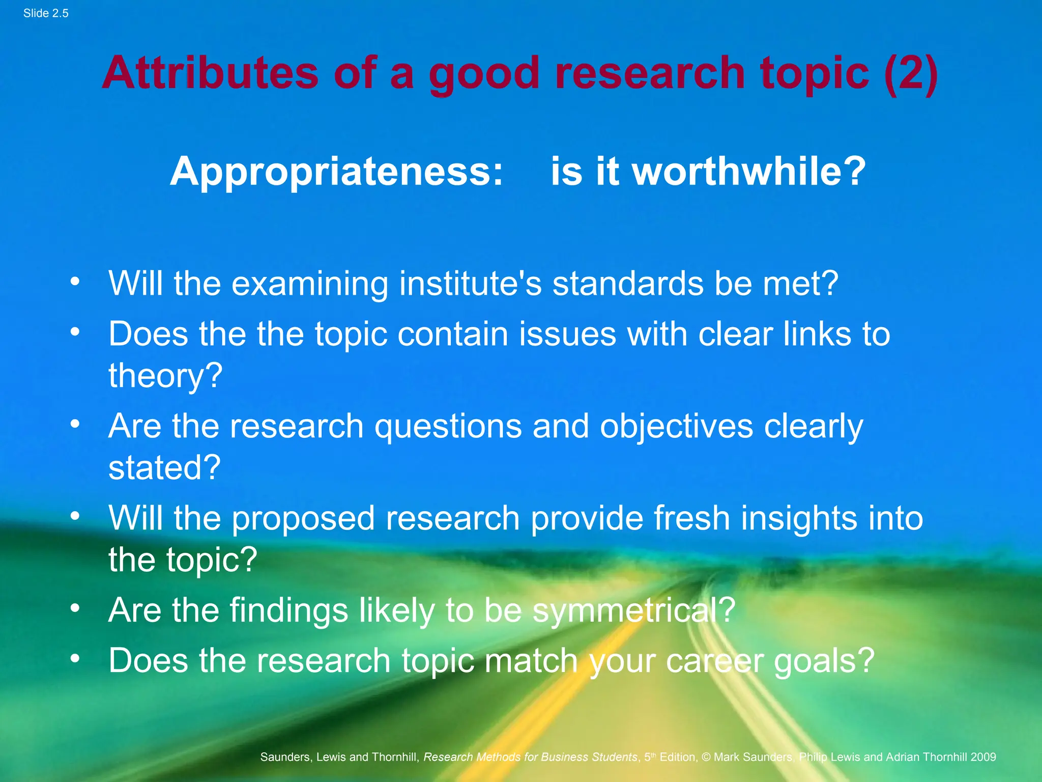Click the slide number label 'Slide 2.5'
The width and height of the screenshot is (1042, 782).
(46, 14)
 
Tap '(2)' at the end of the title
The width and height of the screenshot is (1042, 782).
(911, 74)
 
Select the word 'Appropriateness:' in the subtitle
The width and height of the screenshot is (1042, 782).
(336, 172)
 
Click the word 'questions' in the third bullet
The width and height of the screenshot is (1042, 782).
(448, 427)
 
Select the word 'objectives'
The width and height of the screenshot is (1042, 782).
(676, 427)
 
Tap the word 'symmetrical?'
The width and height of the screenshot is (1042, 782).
(633, 610)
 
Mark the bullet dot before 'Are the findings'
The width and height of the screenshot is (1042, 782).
(75, 608)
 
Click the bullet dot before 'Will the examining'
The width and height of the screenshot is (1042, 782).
(75, 281)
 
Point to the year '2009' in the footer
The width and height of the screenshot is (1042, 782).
(983, 757)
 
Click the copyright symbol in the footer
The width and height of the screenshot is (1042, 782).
(706, 757)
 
